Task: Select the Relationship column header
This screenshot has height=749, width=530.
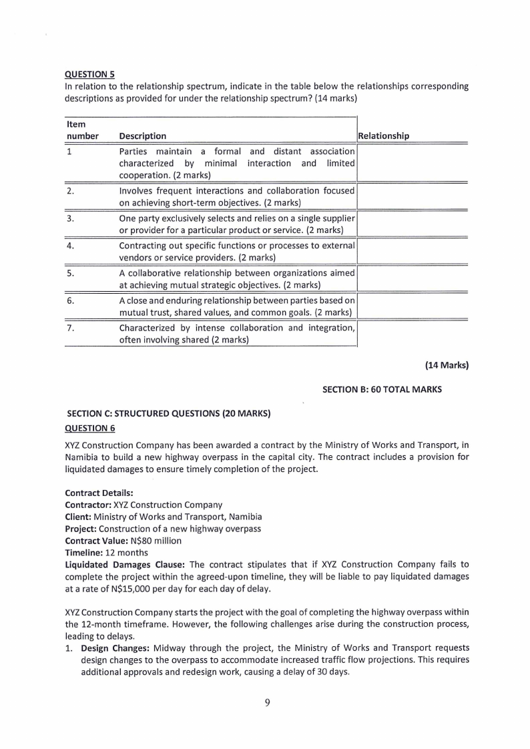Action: click(x=384, y=136)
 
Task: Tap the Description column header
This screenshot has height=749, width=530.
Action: click(x=142, y=136)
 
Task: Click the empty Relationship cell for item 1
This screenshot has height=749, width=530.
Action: click(x=412, y=163)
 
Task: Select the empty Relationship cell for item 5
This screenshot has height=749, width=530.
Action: click(x=412, y=278)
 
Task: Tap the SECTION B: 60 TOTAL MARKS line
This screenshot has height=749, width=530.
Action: click(x=382, y=389)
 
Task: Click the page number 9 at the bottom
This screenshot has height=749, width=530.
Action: click(x=266, y=702)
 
